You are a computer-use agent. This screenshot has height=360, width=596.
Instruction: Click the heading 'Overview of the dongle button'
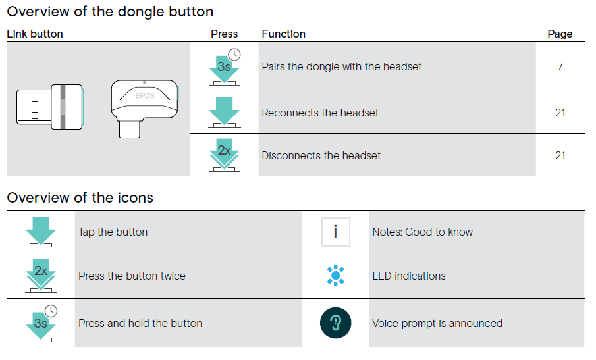110,12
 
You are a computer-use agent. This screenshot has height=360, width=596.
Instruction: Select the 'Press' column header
225,34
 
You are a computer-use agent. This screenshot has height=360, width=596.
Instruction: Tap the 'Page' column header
560,34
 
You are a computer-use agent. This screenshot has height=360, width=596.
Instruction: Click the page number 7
560,67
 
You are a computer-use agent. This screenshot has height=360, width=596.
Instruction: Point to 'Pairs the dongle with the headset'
342,67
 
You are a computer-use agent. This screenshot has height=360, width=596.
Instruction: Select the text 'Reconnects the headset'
320,113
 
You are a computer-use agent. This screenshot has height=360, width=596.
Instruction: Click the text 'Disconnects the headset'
321,156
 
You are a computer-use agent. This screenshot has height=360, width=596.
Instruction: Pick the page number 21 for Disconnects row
560,156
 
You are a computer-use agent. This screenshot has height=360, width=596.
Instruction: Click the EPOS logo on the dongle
145,95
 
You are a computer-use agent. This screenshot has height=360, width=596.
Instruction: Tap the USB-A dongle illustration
50,107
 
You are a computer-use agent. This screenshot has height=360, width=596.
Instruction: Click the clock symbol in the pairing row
234,55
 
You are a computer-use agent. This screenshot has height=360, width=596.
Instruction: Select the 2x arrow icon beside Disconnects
225,155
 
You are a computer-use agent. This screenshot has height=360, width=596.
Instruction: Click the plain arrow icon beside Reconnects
225,113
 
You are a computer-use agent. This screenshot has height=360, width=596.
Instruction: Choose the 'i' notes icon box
335,232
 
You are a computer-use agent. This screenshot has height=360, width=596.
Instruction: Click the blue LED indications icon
336,276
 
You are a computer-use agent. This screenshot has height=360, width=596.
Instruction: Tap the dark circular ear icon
336,322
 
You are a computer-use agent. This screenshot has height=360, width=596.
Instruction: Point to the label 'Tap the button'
113,232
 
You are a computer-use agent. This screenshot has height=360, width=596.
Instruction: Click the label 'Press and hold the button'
140,324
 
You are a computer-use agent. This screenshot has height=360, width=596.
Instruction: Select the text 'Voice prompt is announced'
437,324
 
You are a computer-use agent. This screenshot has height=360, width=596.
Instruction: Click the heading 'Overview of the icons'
80,198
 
